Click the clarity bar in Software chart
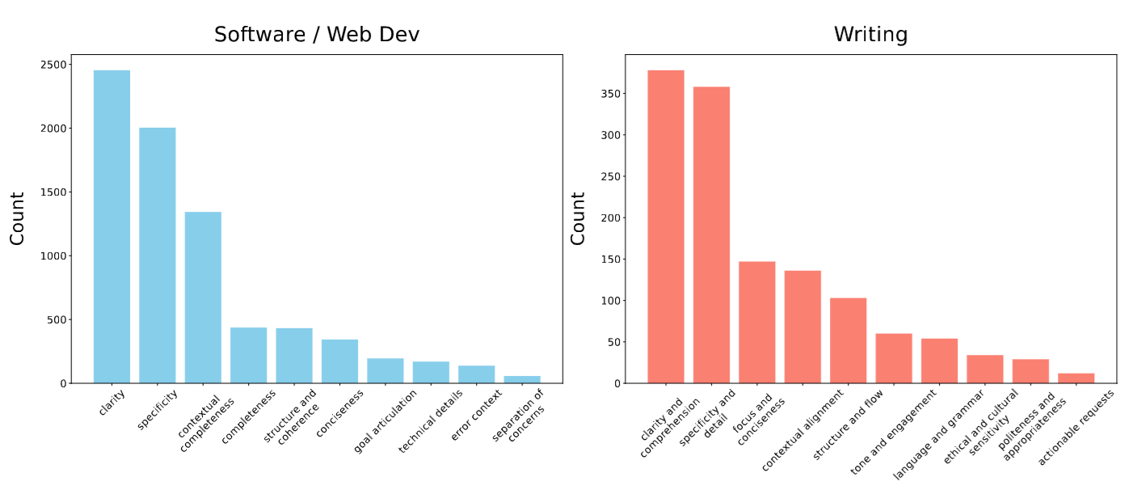click(x=112, y=226)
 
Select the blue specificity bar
click(x=157, y=255)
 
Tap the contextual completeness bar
click(x=203, y=297)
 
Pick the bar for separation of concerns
click(x=522, y=379)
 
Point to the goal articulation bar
click(x=385, y=370)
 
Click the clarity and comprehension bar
click(x=665, y=226)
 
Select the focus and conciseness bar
click(x=756, y=322)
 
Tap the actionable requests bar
click(x=1076, y=378)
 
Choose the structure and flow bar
click(x=848, y=340)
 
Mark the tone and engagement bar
click(x=893, y=358)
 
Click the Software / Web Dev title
click(x=317, y=35)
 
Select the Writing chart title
click(x=870, y=35)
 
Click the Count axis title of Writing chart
click(x=578, y=218)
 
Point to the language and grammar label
click(x=938, y=433)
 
